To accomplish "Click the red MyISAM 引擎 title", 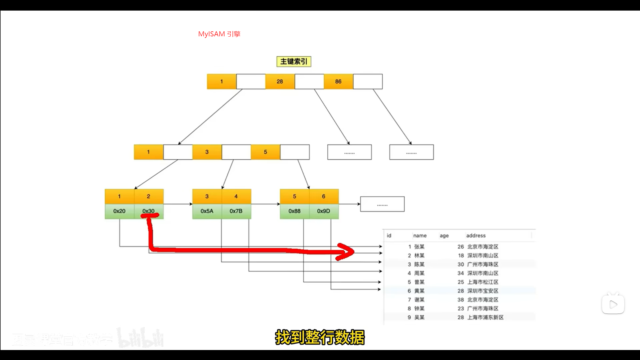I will (219, 34).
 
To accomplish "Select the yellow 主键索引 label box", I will (294, 62).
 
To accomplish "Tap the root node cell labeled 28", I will (280, 82).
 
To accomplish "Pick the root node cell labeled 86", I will (338, 82).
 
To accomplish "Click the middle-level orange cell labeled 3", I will (207, 152).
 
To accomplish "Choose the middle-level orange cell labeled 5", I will (265, 152).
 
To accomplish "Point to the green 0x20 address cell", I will (119, 211).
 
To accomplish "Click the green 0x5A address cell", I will (207, 211).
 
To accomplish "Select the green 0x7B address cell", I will (236, 211).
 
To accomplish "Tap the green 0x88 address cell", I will (294, 211).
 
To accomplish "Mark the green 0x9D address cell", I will (324, 211).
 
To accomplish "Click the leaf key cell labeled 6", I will (324, 197).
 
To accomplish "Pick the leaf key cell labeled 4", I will (236, 197).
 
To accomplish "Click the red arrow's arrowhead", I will (347, 252).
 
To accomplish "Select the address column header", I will (476, 236).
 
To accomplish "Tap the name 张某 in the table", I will (419, 247).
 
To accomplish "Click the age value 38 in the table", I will (461, 300).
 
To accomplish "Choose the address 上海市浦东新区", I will (485, 318).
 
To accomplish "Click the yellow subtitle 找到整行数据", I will (320, 338).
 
